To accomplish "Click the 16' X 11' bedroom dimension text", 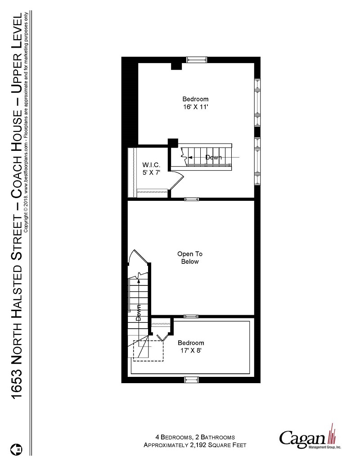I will pyautogui.click(x=195, y=107).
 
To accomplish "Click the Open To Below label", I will pyautogui.click(x=189, y=258).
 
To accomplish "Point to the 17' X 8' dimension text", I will pyautogui.click(x=190, y=350).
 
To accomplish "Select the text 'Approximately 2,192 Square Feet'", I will pyautogui.click(x=195, y=445).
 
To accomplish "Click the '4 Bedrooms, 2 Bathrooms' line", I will pyautogui.click(x=195, y=437).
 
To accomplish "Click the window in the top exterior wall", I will pyautogui.click(x=197, y=59).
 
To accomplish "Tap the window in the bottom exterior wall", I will pyautogui.click(x=191, y=380).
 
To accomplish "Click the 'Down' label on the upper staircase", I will pyautogui.click(x=213, y=158).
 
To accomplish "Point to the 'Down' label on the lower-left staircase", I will pyautogui.click(x=139, y=312).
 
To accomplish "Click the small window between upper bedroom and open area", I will pyautogui.click(x=191, y=199).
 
